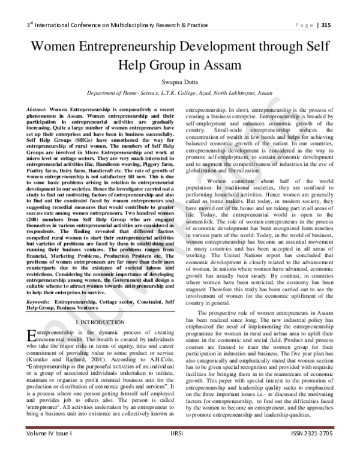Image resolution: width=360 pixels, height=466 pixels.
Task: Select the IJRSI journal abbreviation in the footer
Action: point(179,448)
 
